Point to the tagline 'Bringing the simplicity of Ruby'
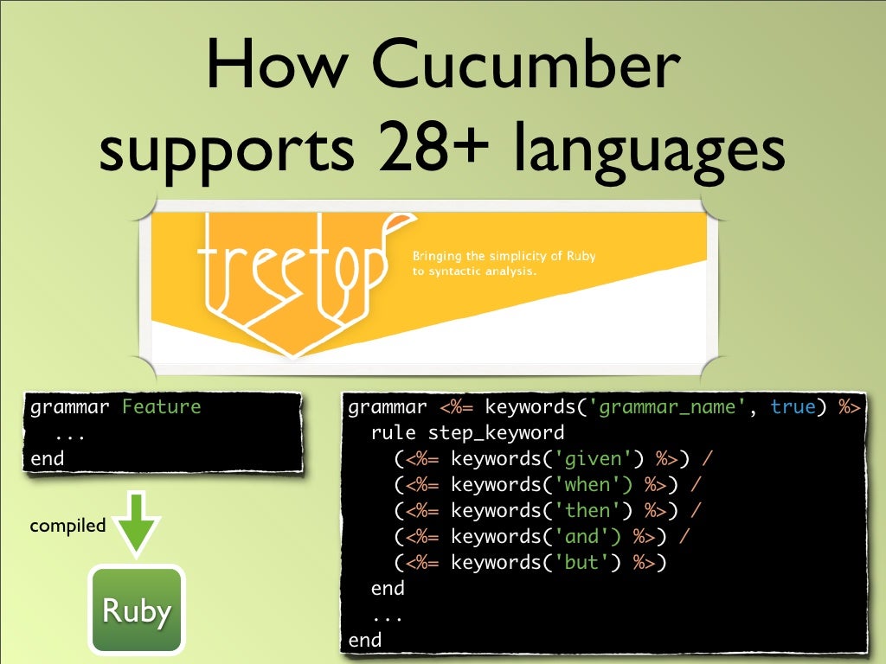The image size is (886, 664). tap(504, 257)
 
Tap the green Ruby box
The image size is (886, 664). tap(136, 611)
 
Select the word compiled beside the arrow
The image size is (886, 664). tap(67, 526)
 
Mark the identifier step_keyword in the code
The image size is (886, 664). tap(496, 433)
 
